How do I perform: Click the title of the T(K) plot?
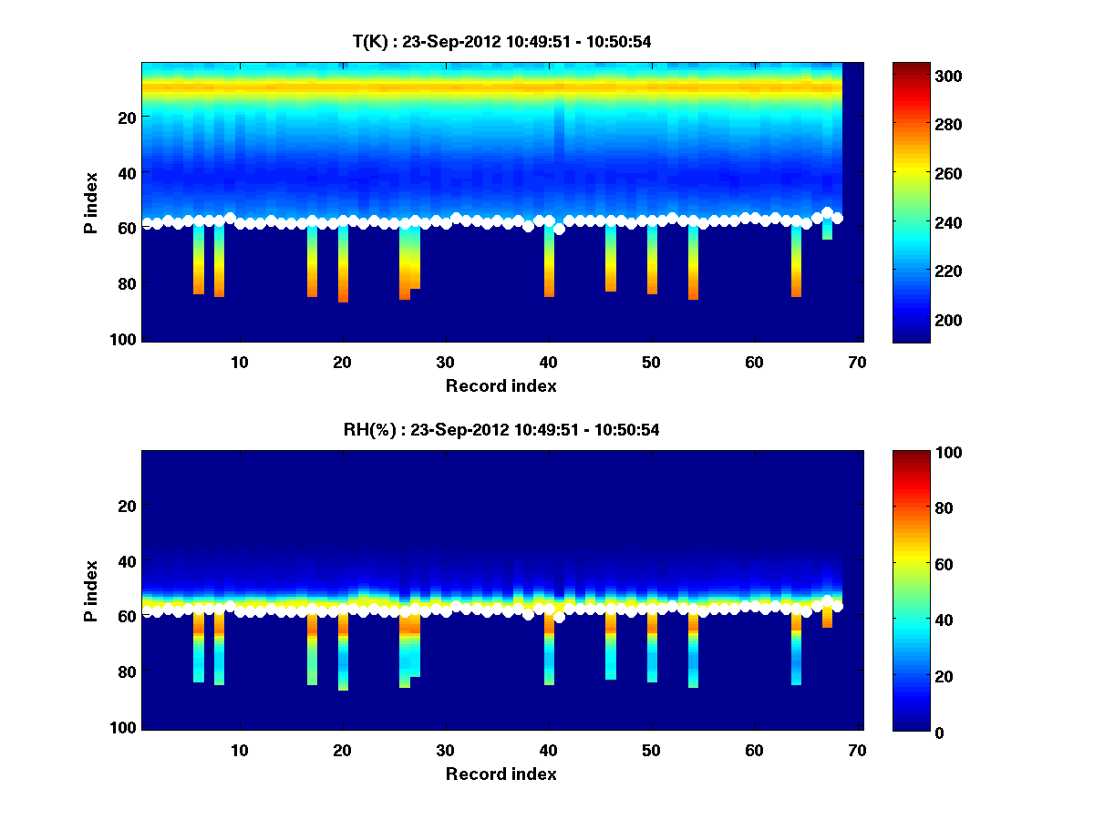pyautogui.click(x=501, y=42)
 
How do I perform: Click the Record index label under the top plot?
pyautogui.click(x=501, y=386)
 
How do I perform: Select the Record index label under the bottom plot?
pyautogui.click(x=501, y=774)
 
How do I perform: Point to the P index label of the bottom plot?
pyautogui.click(x=90, y=590)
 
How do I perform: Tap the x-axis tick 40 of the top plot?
pyautogui.click(x=548, y=362)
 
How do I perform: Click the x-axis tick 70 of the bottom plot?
pyautogui.click(x=857, y=750)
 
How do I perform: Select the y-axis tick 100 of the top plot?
pyautogui.click(x=125, y=339)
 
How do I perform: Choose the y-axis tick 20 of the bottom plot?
pyautogui.click(x=128, y=506)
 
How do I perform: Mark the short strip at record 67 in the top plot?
pyautogui.click(x=827, y=229)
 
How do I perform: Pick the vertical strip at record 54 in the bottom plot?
pyautogui.click(x=693, y=651)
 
